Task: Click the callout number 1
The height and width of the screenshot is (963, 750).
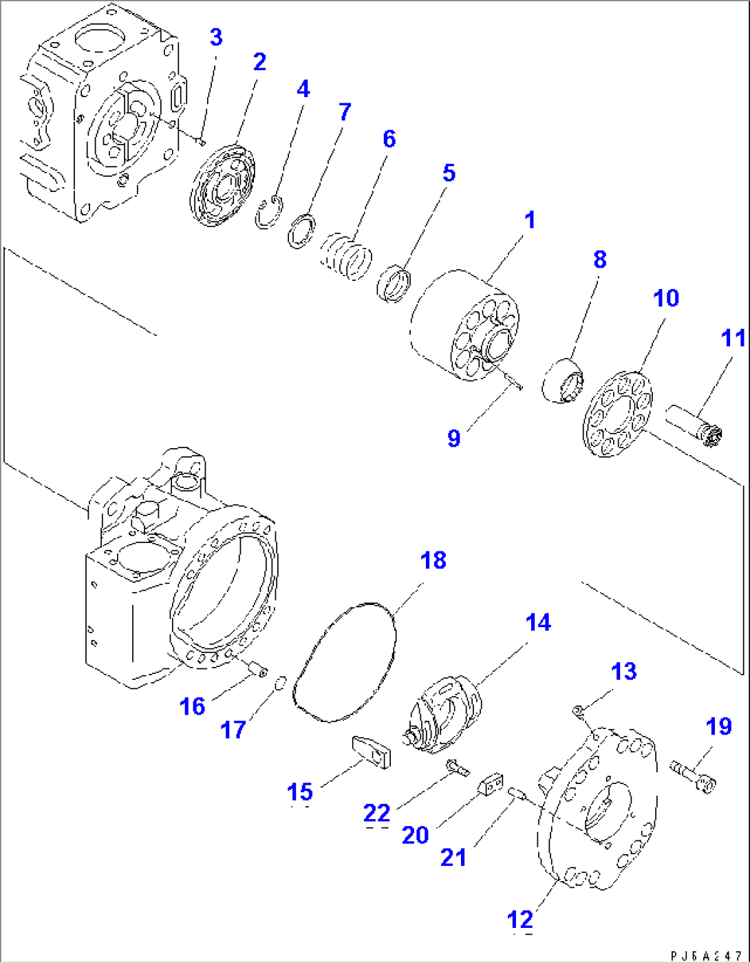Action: pos(529,221)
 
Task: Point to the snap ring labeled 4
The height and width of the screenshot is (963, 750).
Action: pos(268,213)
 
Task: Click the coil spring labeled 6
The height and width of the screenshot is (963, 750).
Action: pos(346,257)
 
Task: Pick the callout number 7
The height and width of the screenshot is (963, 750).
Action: pos(345,112)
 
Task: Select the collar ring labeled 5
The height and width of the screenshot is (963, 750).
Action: pos(395,283)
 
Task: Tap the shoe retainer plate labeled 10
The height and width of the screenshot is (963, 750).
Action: pos(617,414)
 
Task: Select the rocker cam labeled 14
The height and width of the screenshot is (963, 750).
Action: pos(445,716)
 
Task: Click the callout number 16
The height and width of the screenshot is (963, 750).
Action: pos(192,706)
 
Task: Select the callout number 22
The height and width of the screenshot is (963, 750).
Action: pos(376,814)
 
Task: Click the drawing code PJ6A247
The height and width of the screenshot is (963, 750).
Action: pos(705,956)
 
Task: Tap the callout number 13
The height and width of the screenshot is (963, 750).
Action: pos(624,671)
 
